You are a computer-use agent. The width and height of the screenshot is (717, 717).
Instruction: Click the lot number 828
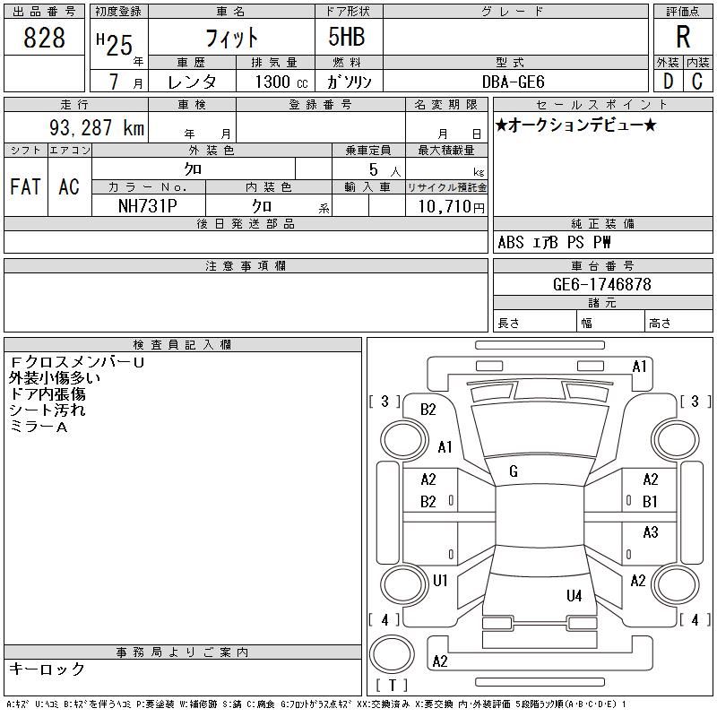click(45, 38)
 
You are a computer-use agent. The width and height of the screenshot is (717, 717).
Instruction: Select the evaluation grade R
click(683, 38)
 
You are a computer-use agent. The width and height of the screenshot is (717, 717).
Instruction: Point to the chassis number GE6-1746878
click(602, 284)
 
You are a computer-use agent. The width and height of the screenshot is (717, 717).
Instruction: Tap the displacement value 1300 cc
click(274, 82)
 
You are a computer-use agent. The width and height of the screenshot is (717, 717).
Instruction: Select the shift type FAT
click(25, 186)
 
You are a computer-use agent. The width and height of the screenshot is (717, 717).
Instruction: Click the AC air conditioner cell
click(69, 186)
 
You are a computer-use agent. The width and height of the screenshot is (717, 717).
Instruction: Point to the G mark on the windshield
click(514, 471)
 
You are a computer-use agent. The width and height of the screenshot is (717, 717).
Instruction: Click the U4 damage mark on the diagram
click(574, 595)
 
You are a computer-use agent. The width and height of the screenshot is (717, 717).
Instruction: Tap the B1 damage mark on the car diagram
click(650, 502)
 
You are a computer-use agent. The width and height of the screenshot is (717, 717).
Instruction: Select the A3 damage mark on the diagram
click(650, 532)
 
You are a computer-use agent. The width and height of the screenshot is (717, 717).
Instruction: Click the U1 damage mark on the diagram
click(440, 581)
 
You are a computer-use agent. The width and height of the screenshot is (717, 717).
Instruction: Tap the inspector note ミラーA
click(39, 427)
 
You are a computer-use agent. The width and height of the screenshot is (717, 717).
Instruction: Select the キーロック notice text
click(48, 669)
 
